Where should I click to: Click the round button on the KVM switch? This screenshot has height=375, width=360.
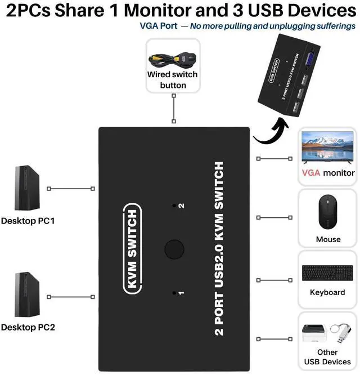[174, 249]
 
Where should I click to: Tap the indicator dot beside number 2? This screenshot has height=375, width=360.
[174, 206]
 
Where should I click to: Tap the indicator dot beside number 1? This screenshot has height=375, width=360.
[174, 293]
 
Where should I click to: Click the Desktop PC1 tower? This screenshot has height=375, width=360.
[27, 188]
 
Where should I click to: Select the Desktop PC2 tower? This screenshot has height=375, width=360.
[27, 294]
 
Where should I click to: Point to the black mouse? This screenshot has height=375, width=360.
[328, 212]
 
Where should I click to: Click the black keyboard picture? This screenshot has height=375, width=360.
[327, 273]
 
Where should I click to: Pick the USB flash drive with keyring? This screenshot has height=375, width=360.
[341, 332]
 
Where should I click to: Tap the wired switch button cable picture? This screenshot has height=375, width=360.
[173, 60]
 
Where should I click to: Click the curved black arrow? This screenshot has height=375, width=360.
[272, 131]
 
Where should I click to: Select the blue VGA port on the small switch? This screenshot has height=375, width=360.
[310, 59]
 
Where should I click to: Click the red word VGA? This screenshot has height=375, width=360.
[311, 173]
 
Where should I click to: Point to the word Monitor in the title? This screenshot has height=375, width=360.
[157, 10]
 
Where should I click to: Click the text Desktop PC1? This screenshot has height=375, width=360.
[28, 221]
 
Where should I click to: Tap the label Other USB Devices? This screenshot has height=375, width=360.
[327, 357]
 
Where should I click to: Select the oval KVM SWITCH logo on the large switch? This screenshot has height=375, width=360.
[133, 249]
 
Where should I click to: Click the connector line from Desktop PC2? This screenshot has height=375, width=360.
[71, 297]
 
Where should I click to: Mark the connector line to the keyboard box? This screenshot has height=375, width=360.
[274, 280]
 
